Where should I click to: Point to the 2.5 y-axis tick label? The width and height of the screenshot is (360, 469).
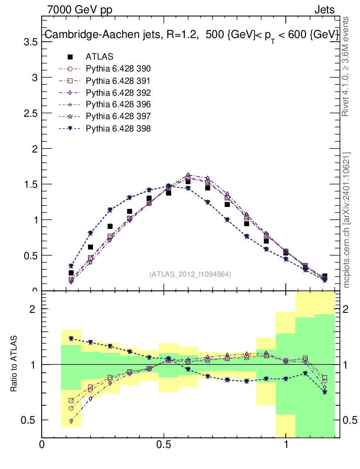point(30,113)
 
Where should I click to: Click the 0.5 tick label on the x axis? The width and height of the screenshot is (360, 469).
point(164,445)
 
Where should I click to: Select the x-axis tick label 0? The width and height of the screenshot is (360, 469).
point(42,445)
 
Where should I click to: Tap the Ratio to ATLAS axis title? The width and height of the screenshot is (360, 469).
point(15,364)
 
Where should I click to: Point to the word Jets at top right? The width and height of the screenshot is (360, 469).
point(324,9)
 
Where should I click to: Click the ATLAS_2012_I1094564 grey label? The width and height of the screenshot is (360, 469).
point(190,274)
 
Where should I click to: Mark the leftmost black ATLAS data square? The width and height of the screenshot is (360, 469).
point(71,273)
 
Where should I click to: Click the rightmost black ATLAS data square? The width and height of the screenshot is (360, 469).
point(325,276)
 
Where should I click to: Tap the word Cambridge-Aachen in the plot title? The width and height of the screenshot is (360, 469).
point(82,35)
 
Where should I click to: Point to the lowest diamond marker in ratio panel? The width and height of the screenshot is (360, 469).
point(71,421)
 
